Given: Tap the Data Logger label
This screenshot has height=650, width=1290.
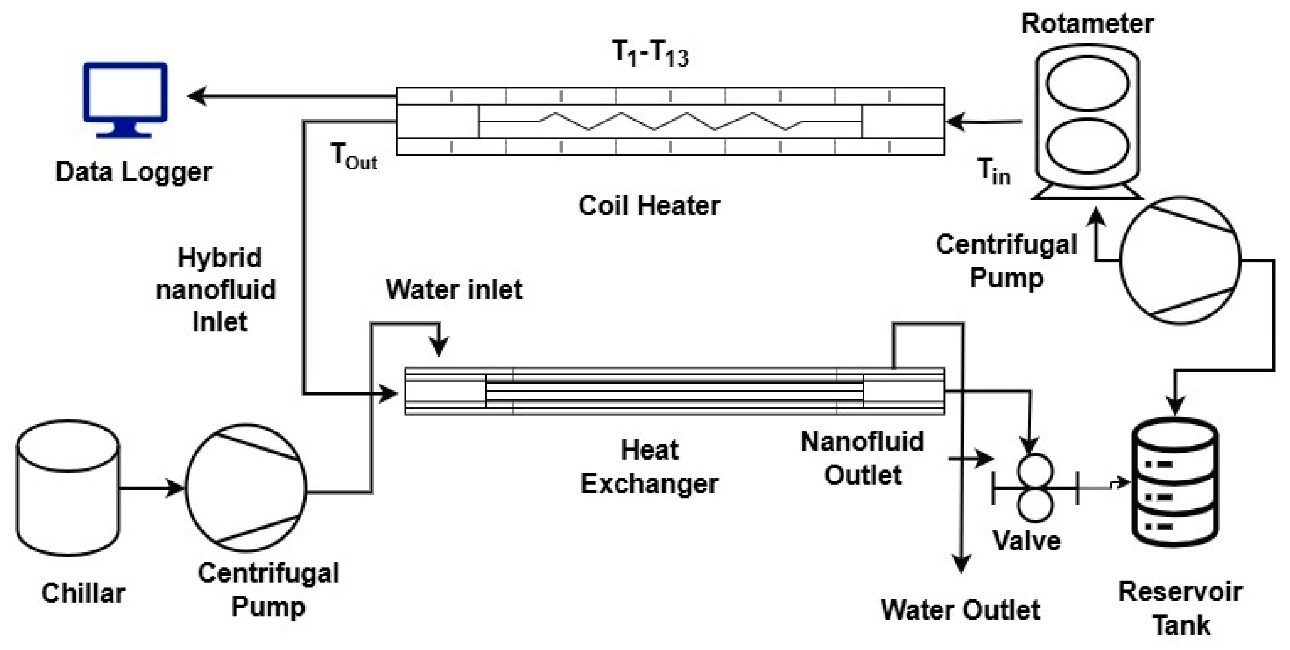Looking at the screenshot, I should [133, 172].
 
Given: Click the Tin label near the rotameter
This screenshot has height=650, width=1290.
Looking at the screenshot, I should [994, 172].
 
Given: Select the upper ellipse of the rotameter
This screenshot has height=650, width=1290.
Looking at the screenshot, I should [1087, 83].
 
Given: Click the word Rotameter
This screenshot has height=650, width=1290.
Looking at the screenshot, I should [1087, 23].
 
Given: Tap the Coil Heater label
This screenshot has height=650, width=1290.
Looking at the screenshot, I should [649, 205].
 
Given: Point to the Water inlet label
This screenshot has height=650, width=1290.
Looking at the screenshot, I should [454, 289].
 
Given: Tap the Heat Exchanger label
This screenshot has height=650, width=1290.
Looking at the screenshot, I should [649, 466].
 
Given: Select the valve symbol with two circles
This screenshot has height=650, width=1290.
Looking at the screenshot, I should [1035, 487].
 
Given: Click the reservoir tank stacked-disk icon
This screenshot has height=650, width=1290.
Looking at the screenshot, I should [1175, 482].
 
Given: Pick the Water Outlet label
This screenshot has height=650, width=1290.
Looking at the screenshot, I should [960, 610].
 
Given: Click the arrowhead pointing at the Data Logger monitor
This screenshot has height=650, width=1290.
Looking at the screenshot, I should [197, 96].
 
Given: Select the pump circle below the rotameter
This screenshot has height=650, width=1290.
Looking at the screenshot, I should [1180, 260].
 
